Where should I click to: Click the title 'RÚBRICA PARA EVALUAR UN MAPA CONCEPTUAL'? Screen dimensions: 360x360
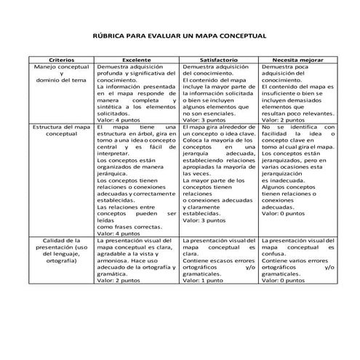(x=180, y=34)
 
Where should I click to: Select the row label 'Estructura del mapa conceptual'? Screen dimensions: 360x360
(x=61, y=131)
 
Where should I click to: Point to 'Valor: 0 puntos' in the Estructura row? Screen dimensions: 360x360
(x=283, y=213)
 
